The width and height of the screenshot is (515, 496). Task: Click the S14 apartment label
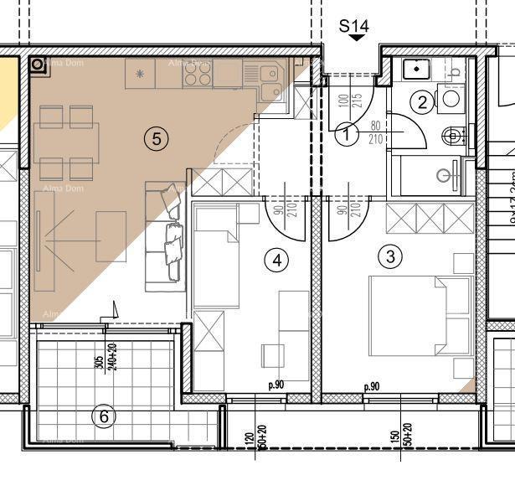point(353,26)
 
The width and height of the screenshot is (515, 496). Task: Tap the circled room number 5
point(155,138)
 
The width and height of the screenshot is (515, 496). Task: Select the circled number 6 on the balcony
point(104,416)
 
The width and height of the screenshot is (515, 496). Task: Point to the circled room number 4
point(278,260)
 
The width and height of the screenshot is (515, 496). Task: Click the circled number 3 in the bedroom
point(390,256)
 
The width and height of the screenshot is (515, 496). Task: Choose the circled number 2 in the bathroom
point(422,102)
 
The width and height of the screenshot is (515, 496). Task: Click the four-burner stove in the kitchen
point(197,75)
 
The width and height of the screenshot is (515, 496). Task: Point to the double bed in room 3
point(419,315)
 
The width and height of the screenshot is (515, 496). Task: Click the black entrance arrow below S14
point(358,38)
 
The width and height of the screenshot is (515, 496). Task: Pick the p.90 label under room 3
point(373,387)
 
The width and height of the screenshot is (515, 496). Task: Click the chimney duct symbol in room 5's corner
point(39,65)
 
